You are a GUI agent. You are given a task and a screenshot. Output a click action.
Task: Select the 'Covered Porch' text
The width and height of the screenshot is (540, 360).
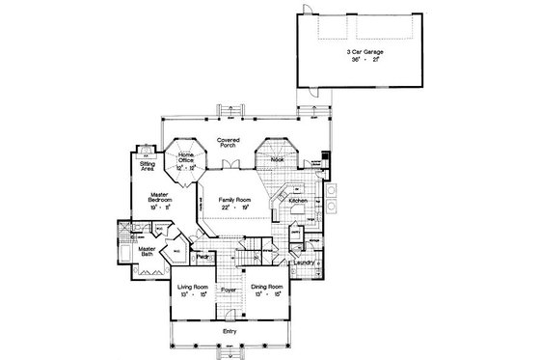[x=228, y=150]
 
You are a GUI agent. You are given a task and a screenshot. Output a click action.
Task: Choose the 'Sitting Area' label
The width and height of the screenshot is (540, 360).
[x=148, y=168]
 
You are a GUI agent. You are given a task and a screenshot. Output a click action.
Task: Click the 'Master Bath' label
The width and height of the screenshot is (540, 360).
[x=147, y=251]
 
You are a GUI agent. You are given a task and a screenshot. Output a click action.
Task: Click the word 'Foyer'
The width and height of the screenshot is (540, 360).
[x=229, y=289]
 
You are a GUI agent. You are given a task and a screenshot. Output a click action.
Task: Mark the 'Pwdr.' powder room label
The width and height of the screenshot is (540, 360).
[x=203, y=257]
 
